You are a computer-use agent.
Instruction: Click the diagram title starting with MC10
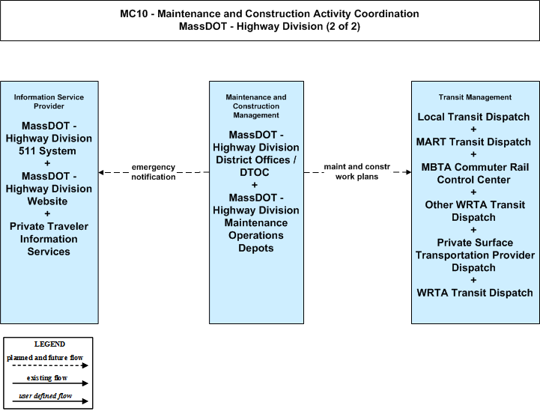(x=270, y=20)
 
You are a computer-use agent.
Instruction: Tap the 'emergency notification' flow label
(x=154, y=171)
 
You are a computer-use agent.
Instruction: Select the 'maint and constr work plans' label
(x=357, y=171)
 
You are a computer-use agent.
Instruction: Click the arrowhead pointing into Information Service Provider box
(x=101, y=172)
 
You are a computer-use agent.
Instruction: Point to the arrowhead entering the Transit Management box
(x=409, y=172)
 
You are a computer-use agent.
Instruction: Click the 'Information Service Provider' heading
(x=49, y=102)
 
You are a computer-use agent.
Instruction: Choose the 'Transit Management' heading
(x=475, y=97)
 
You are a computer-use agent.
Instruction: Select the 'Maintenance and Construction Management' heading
(x=256, y=106)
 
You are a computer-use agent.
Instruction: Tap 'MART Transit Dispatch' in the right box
(x=473, y=141)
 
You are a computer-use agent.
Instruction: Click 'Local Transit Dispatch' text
(x=473, y=117)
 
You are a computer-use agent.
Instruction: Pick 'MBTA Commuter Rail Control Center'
(x=475, y=173)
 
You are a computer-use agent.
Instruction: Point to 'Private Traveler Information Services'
(x=49, y=239)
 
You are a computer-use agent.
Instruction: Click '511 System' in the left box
(x=47, y=150)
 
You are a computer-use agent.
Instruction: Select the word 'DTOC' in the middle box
(x=255, y=172)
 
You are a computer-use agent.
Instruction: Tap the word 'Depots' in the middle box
(x=256, y=248)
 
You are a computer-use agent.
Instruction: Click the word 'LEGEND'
(x=49, y=344)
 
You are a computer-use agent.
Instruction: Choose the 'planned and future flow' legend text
(x=45, y=358)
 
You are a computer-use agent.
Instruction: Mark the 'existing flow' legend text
(x=47, y=378)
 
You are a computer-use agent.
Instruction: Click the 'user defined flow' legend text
(x=46, y=396)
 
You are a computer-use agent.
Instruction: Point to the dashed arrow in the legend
(x=50, y=365)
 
